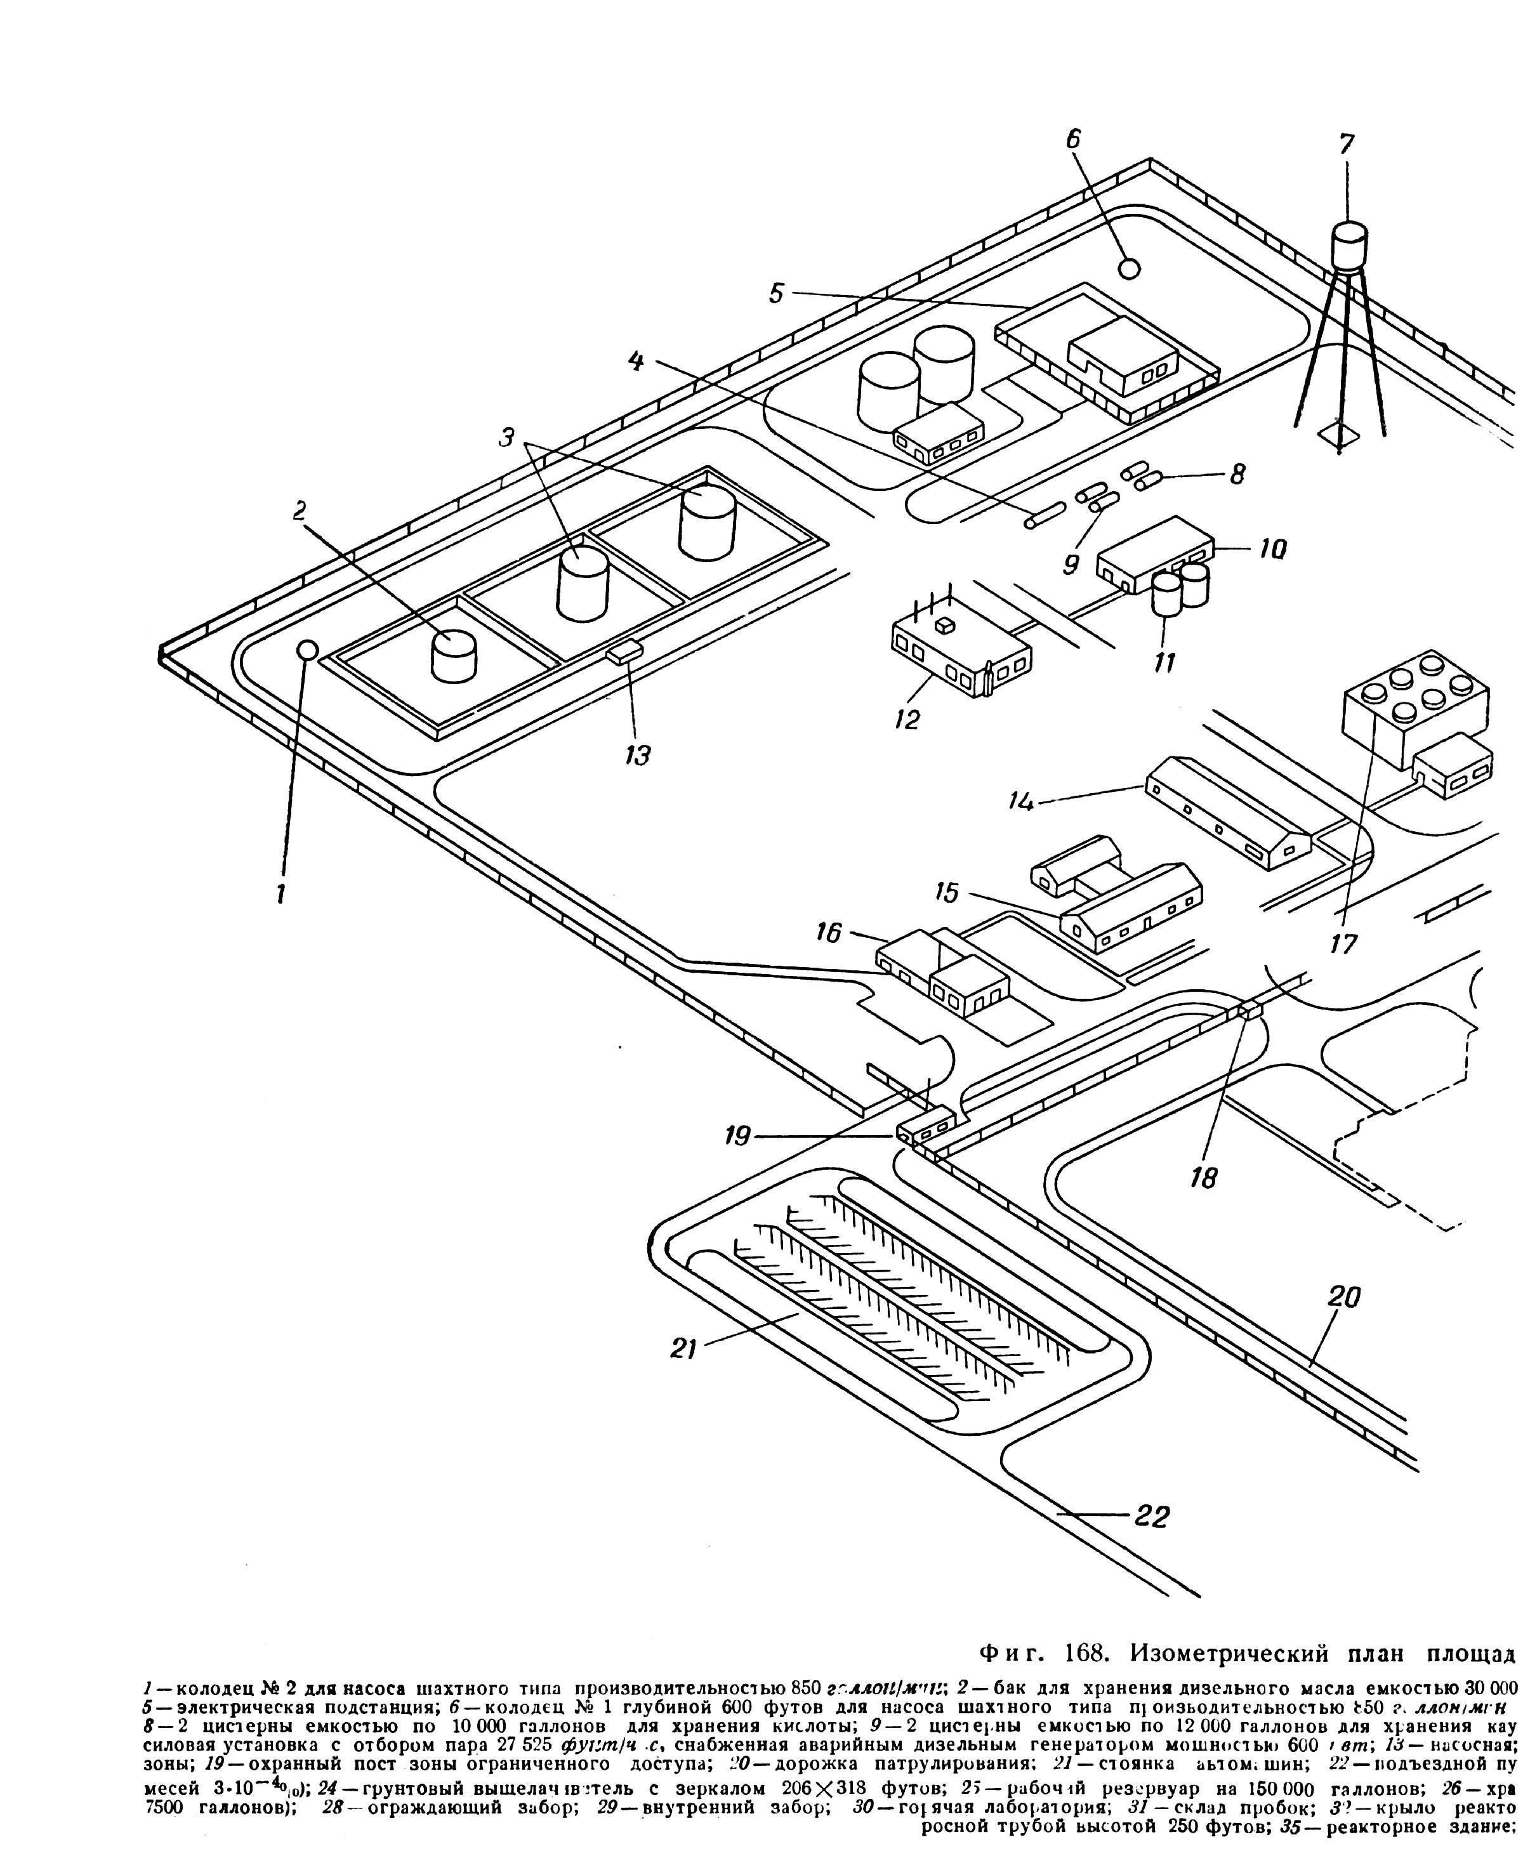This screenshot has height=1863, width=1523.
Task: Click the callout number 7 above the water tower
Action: coord(1346,144)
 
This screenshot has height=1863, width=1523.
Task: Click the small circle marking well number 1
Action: coord(306,649)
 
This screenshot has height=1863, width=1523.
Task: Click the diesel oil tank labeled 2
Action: coord(454,656)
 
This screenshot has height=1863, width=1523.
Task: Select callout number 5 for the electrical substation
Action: coord(777,293)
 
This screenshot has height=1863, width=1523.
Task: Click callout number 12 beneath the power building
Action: coord(907,719)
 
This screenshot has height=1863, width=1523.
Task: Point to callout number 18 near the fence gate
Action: coord(1204,1178)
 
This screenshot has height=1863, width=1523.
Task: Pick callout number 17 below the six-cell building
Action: coord(1343,944)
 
